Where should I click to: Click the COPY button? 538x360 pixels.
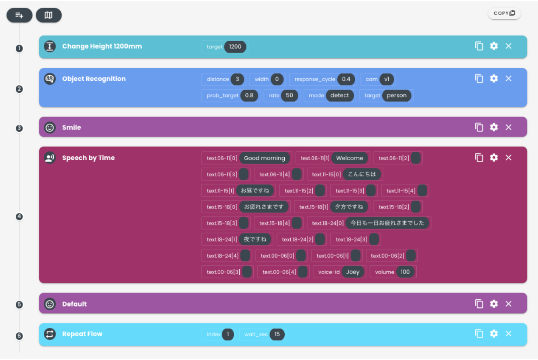coord(504,13)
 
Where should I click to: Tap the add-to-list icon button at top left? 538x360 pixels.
coord(19,15)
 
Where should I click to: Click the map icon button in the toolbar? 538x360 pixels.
coord(49,15)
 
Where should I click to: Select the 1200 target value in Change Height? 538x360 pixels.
coord(235,46)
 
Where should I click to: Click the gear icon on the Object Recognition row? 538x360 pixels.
coord(493,79)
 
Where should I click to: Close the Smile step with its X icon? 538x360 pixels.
coord(508,127)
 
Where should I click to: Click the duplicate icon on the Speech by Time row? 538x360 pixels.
coord(479,157)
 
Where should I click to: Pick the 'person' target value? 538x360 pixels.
coord(397,95)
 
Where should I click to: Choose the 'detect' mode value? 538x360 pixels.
coord(339,95)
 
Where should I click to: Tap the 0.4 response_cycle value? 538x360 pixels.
coord(346,79)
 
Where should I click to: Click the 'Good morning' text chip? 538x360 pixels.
coord(265,158)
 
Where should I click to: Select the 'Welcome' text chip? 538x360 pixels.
coord(349,158)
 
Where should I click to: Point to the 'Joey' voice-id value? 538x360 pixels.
coord(353,272)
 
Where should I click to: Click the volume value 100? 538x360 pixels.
coord(405,272)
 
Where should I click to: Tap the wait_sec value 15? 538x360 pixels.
coord(277,334)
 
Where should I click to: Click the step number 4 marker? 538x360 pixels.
coord(19,217)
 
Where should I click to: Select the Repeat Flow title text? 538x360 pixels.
coord(82,334)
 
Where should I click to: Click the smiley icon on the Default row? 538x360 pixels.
coord(50,304)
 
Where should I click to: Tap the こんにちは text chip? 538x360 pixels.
coord(362,174)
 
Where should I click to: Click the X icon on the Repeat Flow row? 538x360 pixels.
coord(508,333)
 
